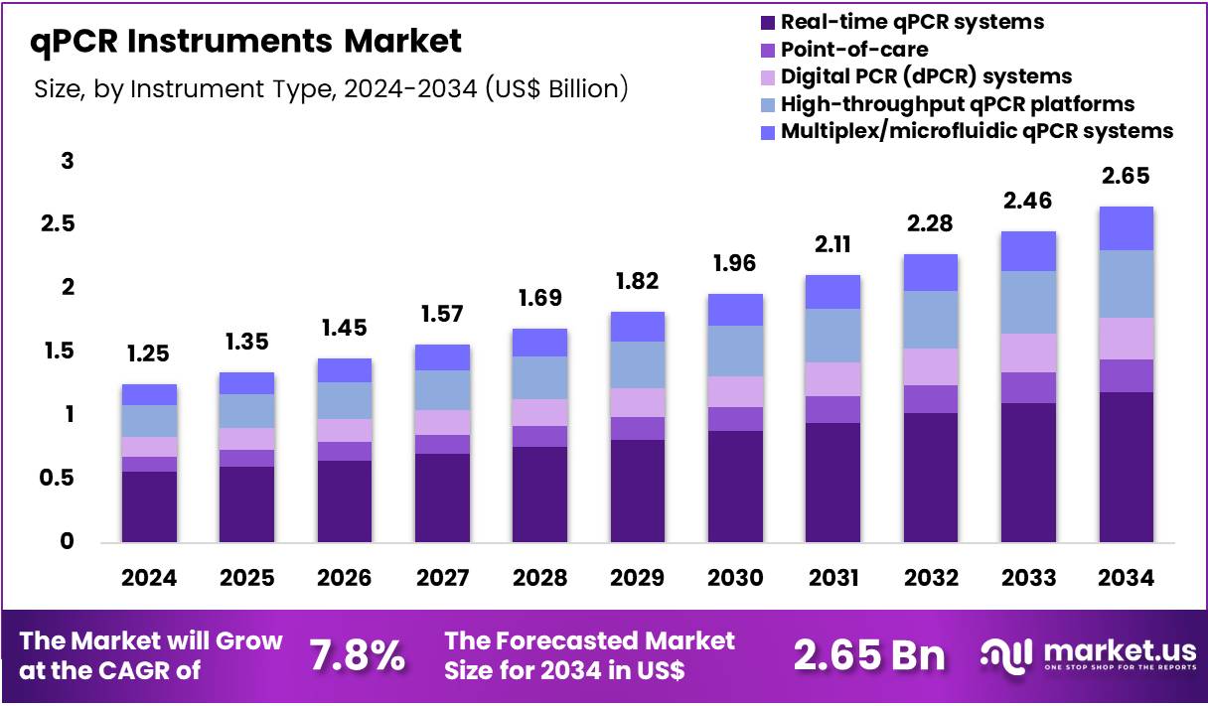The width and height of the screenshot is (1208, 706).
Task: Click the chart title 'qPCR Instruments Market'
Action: click(x=246, y=42)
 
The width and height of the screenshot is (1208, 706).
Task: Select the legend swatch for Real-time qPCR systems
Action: click(x=767, y=22)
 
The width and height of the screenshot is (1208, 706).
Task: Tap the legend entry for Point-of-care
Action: click(x=854, y=49)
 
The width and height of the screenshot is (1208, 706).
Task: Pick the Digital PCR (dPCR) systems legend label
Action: click(x=926, y=75)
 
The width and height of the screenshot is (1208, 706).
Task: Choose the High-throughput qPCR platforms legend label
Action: click(x=957, y=103)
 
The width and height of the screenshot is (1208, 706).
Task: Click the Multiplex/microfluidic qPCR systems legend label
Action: click(x=977, y=130)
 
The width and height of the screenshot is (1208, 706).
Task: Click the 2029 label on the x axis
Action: click(x=638, y=578)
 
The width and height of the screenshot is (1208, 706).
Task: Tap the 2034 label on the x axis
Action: click(x=1126, y=578)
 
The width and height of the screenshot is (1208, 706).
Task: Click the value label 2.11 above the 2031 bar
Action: click(x=832, y=244)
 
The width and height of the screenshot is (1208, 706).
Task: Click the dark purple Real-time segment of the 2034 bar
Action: click(x=1126, y=467)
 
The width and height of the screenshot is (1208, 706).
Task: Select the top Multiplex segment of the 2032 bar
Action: click(x=930, y=272)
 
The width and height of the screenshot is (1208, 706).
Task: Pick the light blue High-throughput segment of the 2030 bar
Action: click(x=735, y=351)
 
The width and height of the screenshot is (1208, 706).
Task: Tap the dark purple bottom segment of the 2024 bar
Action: click(x=149, y=506)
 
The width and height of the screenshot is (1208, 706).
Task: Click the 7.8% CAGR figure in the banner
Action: click(x=357, y=655)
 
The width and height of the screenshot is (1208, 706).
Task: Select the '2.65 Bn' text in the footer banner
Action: click(x=869, y=655)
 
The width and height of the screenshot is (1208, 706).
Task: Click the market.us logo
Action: click(x=1088, y=655)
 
